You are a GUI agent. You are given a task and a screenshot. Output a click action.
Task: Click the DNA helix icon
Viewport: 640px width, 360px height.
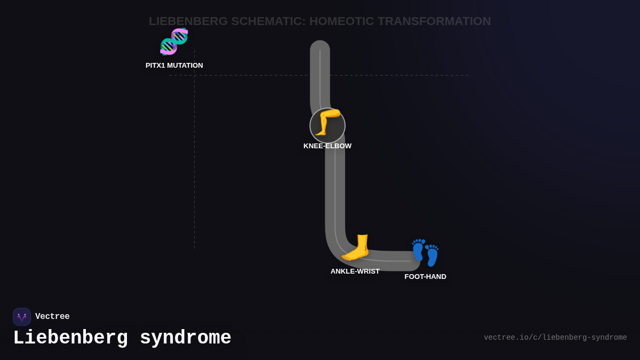pos(174,42)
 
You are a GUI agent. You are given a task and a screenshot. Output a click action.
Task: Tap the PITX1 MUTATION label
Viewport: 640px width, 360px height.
pos(174,66)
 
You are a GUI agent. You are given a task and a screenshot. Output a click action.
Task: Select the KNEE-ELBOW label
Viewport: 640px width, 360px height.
pos(327,146)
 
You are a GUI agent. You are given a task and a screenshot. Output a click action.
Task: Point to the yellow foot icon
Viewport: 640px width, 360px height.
pos(356,247)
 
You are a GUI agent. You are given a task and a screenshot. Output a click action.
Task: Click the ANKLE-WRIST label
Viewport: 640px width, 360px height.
pos(355,271)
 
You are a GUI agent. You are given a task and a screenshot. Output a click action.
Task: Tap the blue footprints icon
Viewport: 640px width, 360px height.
pos(425,252)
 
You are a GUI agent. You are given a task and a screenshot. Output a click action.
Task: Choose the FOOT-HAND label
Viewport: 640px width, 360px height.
pos(425,277)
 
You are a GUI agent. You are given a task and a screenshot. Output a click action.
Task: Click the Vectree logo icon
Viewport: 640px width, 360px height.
pos(22,317)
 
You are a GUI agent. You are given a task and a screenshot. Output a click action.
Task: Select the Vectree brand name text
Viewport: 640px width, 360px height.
pos(52,317)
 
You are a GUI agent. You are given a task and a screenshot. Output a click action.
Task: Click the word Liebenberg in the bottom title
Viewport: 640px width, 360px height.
pos(70,338)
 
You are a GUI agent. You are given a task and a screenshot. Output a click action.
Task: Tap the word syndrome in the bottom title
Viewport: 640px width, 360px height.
pos(186,338)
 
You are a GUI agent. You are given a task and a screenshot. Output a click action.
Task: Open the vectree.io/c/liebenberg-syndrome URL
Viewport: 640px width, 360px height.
pos(555,338)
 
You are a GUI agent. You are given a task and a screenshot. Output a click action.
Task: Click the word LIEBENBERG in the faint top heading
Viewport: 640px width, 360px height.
pos(188,21)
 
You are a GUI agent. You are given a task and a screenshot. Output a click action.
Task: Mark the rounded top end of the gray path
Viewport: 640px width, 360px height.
pos(320,48)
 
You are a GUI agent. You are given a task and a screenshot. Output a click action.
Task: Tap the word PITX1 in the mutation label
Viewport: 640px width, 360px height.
pos(155,66)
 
